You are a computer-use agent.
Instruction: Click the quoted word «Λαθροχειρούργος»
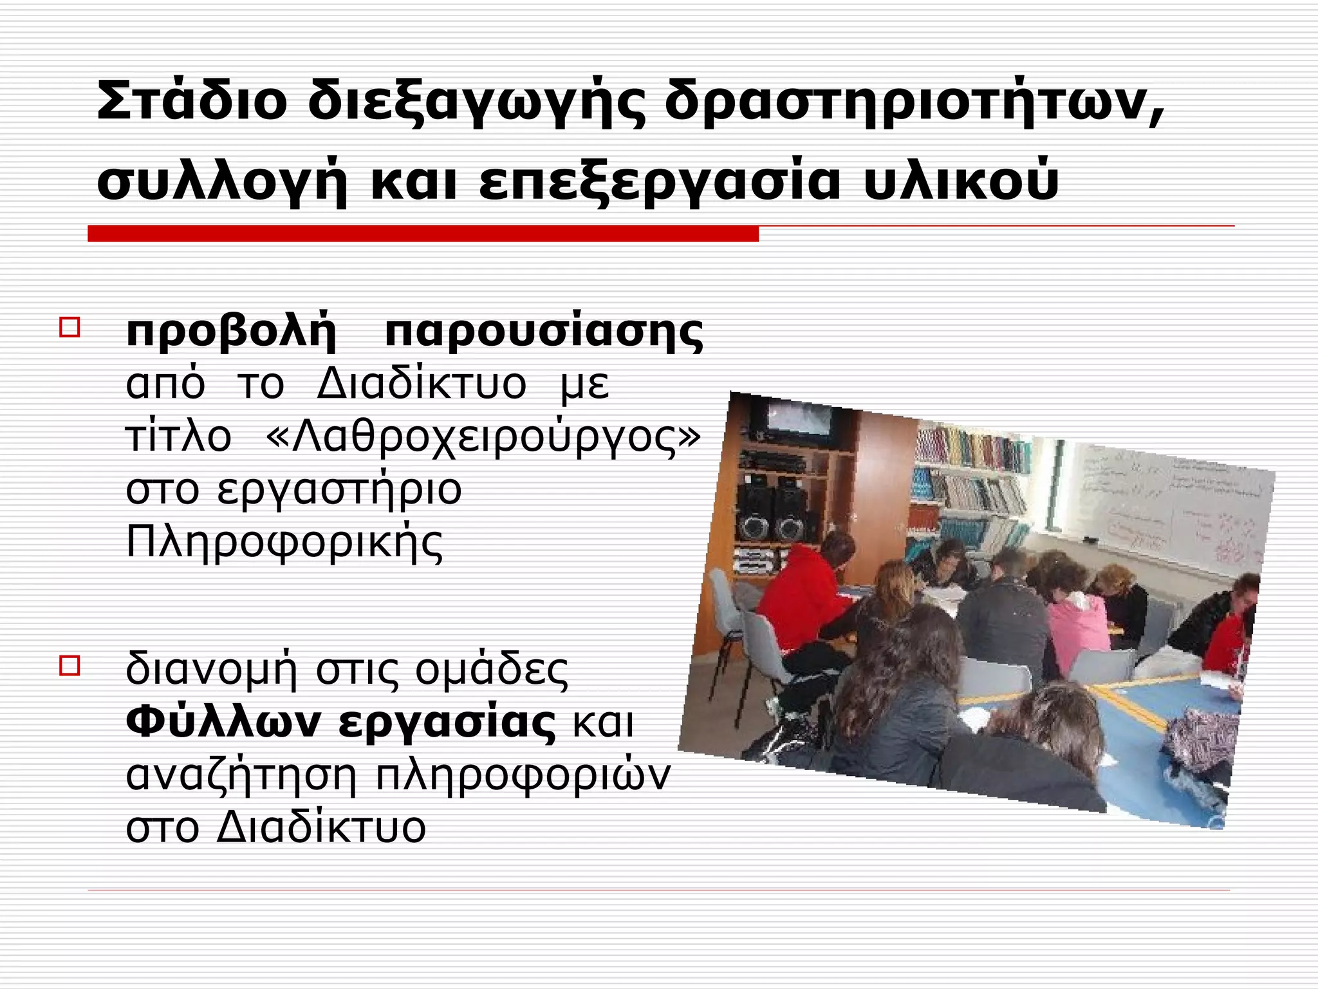click(483, 438)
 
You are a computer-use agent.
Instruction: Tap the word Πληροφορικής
click(284, 542)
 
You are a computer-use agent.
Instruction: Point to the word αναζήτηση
click(241, 775)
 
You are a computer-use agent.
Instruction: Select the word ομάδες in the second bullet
click(492, 670)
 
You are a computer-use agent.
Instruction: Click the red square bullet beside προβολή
click(70, 326)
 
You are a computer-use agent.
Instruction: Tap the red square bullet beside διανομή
click(70, 664)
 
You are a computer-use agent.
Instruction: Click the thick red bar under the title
click(423, 234)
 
